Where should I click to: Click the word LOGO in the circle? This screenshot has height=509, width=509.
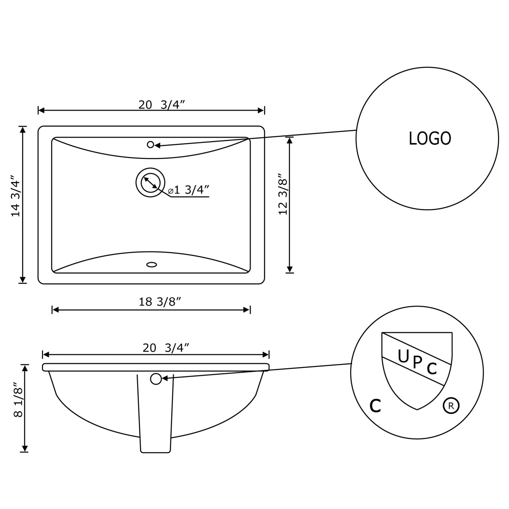[x=430, y=138]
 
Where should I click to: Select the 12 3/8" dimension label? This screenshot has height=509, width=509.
[x=283, y=194]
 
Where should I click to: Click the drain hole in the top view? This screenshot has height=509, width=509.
[x=150, y=182]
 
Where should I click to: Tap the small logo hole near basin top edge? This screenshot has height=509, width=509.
[x=150, y=144]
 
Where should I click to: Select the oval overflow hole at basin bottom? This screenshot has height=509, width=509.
[x=151, y=264]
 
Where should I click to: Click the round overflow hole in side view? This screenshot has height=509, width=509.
[x=156, y=379]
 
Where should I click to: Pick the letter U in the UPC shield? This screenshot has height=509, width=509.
[x=403, y=356]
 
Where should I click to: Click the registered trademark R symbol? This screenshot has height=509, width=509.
[x=451, y=405]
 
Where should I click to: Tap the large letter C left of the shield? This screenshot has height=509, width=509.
[x=375, y=406]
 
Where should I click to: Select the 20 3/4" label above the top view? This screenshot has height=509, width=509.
[x=162, y=105]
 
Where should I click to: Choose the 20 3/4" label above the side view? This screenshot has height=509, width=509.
[x=166, y=348]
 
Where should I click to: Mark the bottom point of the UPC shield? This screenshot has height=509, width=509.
[x=417, y=409]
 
